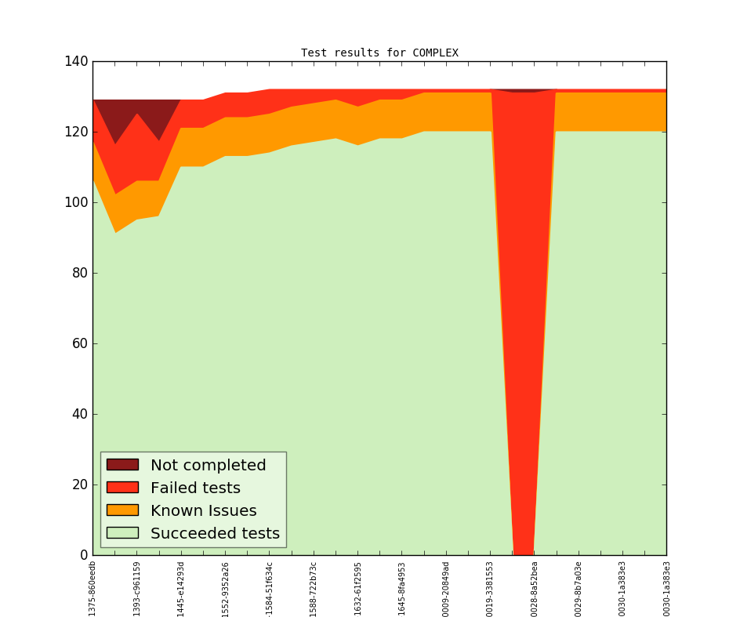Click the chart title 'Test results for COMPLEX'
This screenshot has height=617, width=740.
(x=379, y=53)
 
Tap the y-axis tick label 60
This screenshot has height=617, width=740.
(x=78, y=343)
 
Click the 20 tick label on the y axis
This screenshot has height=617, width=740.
(x=78, y=485)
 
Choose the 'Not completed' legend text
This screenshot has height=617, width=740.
(x=208, y=465)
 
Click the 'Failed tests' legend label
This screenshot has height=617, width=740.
(x=195, y=488)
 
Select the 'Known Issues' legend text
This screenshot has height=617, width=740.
(x=203, y=510)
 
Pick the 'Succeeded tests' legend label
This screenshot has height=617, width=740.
(x=215, y=533)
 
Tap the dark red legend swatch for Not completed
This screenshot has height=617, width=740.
(x=122, y=465)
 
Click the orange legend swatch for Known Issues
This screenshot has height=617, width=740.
(x=122, y=510)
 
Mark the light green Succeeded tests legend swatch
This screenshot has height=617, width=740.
(x=122, y=533)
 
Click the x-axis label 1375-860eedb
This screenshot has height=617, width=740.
(x=92, y=588)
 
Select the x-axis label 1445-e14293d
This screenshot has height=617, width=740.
(x=181, y=588)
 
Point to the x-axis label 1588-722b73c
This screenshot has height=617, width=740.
(x=314, y=588)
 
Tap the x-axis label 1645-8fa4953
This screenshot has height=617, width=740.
(x=402, y=588)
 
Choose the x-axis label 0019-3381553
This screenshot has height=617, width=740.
(x=490, y=588)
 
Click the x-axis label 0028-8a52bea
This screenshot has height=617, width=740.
(x=535, y=588)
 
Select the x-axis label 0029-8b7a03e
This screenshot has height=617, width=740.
(x=579, y=588)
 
